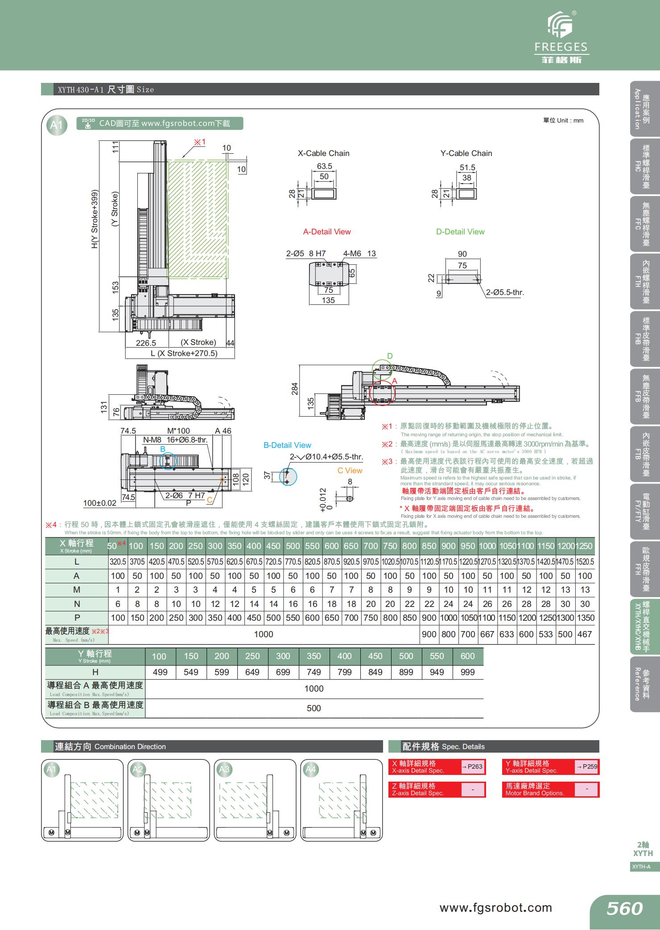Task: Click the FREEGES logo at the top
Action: coord(561,38)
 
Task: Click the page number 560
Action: coord(624,908)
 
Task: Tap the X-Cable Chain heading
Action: coord(323,153)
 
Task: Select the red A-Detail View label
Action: coord(327,232)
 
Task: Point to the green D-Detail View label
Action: coord(460,232)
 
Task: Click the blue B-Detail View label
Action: coord(287,445)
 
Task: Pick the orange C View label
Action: coord(350,471)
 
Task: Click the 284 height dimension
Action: coord(295,389)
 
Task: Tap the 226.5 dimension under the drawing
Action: coord(146,343)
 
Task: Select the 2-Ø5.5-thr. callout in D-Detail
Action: coord(505,293)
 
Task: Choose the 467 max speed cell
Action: coord(584,634)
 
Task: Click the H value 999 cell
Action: coord(467,672)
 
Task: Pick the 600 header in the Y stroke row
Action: coord(467,656)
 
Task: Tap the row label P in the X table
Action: coord(77,618)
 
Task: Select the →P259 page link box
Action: coord(586,766)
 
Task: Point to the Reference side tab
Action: coord(642,684)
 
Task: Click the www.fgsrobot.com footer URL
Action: coord(495,908)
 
